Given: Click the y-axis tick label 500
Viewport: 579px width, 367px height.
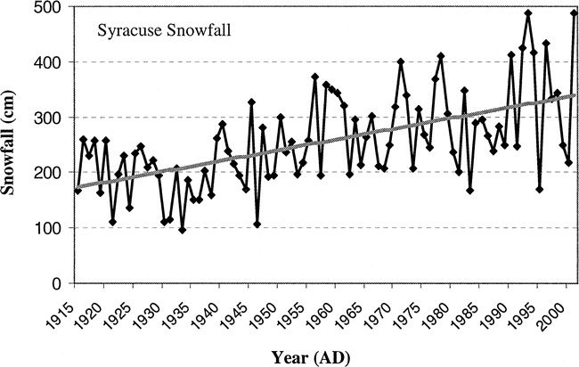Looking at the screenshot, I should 50,8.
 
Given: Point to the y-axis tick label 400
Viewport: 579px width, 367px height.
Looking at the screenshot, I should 50,62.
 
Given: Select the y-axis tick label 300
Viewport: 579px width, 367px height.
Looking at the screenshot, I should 50,118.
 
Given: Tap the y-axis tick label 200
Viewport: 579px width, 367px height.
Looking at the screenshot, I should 50,173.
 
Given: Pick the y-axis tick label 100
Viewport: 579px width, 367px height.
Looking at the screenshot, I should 50,228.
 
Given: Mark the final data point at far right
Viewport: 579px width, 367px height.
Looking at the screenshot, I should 574,13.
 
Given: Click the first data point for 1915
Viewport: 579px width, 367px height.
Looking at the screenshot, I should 77,191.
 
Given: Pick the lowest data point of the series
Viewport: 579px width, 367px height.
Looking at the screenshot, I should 183,230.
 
